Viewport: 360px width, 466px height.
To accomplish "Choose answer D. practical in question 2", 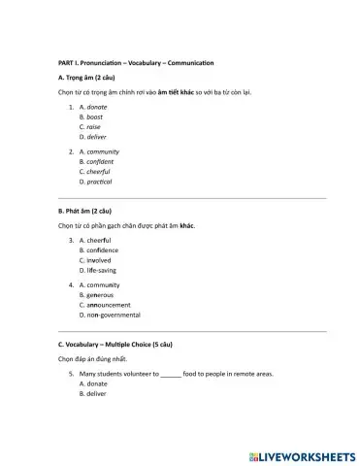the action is click(97, 182).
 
